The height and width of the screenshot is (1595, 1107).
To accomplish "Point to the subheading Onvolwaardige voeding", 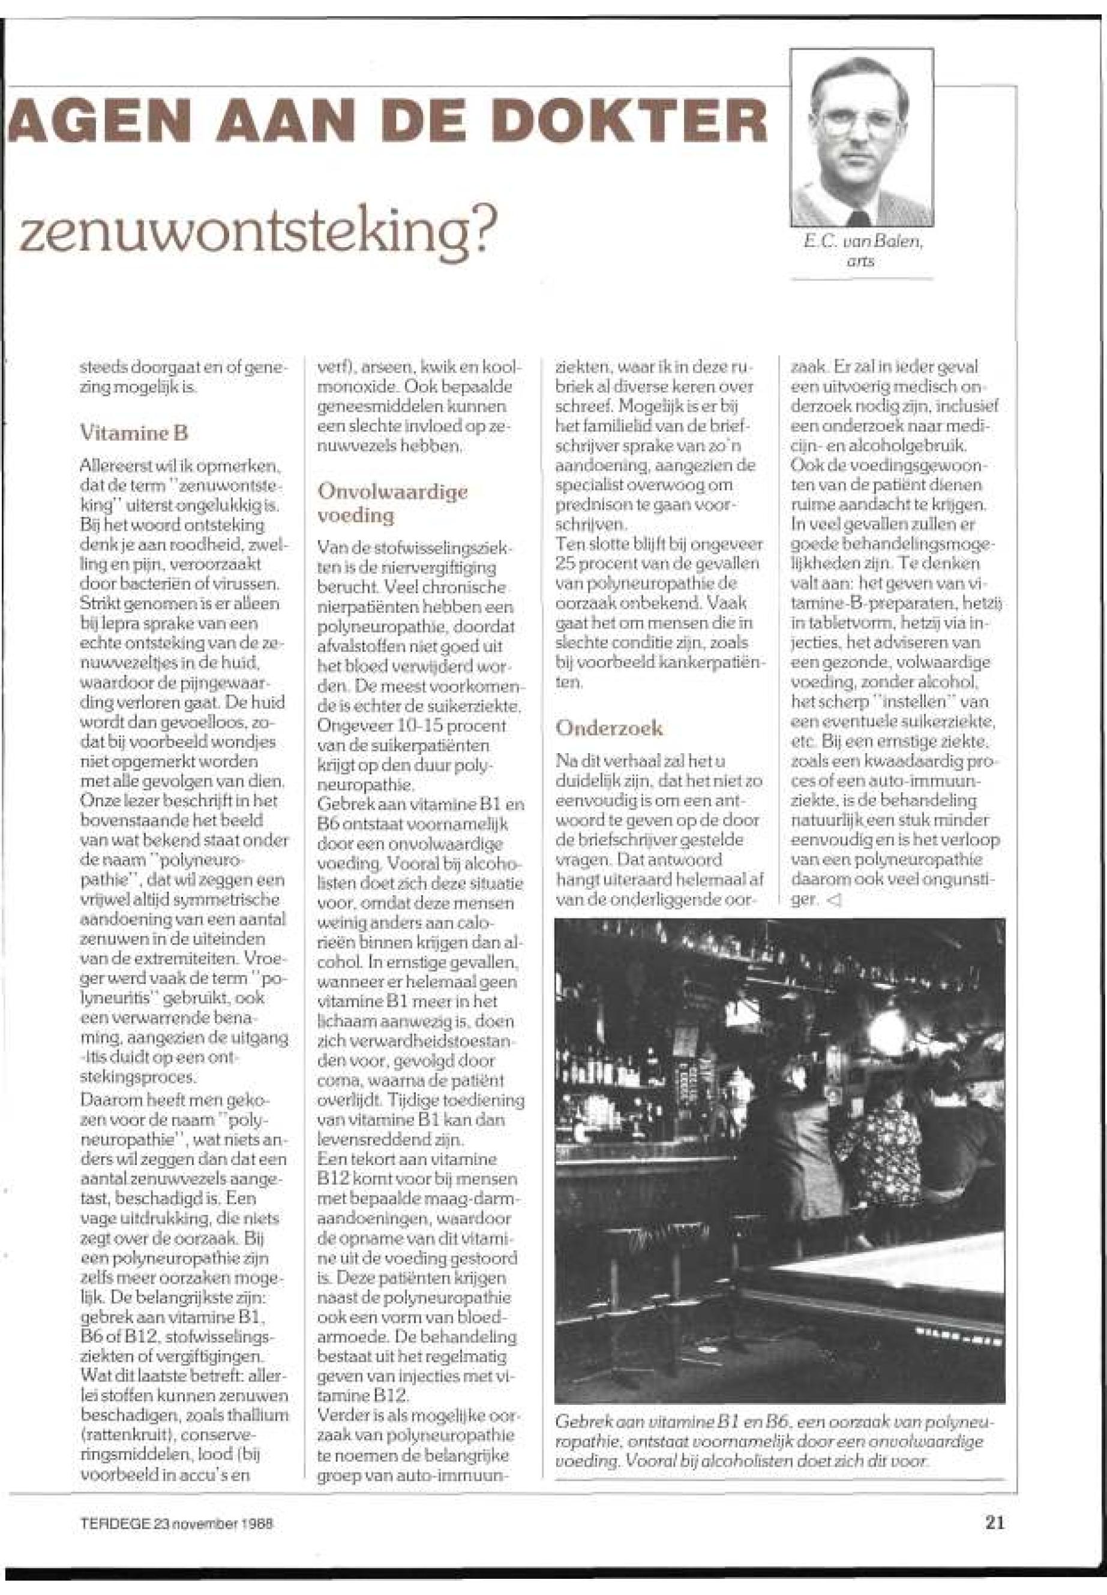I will [x=392, y=503].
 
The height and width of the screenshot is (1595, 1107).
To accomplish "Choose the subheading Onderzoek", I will [x=609, y=728].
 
